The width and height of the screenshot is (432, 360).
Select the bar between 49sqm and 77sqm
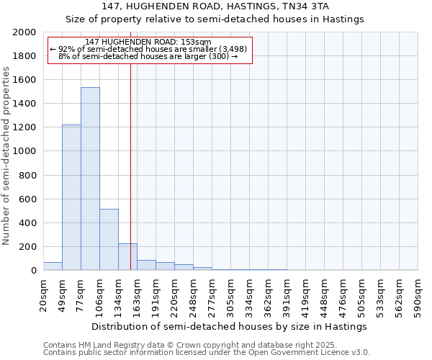71,197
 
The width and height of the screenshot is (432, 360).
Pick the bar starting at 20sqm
53,266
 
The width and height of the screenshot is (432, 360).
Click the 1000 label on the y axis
24,152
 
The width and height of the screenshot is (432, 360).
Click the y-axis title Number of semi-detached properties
6,156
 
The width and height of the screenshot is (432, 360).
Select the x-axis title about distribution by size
230,326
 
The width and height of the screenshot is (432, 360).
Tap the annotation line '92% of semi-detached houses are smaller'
149,49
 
